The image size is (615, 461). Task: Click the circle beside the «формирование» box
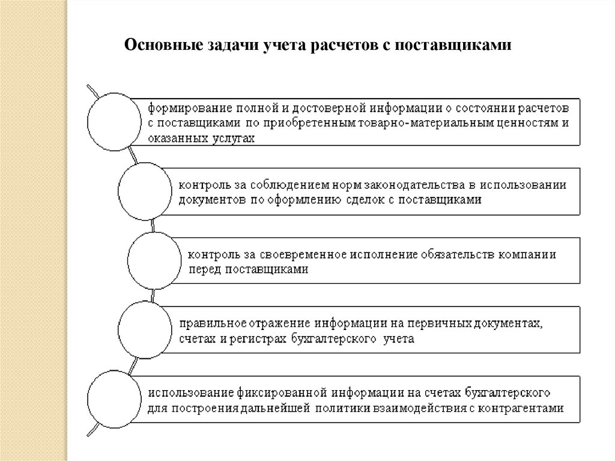pyautogui.click(x=112, y=120)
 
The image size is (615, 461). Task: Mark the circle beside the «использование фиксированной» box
pyautogui.click(x=112, y=399)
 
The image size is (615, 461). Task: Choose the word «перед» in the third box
pyautogui.click(x=203, y=269)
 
